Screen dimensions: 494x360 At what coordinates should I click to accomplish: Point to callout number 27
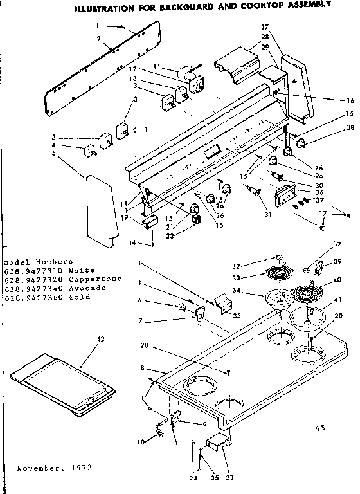point(264,27)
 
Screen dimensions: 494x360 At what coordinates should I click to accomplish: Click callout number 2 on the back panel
point(99,39)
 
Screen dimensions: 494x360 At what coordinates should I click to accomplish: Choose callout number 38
point(332,127)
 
